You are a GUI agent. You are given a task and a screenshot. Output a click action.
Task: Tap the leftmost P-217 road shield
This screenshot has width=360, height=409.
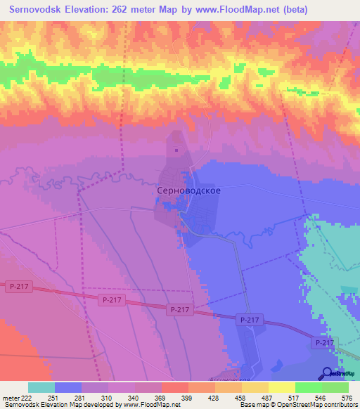click(18, 287)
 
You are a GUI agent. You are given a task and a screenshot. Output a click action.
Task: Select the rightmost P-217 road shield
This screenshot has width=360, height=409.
click(323, 342)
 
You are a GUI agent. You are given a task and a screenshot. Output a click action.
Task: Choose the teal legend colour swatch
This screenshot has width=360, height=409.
click(41, 387)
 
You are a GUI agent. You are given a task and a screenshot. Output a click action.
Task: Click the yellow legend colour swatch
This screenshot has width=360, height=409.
click(281, 387)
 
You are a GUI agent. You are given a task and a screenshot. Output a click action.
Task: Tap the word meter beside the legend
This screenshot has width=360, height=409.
click(10, 398)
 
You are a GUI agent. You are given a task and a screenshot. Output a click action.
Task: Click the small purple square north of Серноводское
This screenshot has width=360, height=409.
click(176, 148)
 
